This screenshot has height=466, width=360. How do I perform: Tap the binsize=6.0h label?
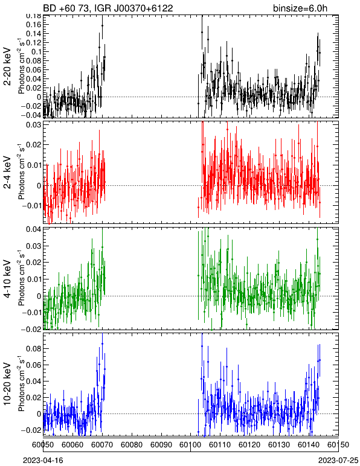pyautogui.click(x=300, y=8)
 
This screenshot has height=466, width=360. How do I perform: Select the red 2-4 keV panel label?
pyautogui.click(x=7, y=173)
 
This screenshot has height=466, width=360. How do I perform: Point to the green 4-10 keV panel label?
pyautogui.click(x=7, y=279)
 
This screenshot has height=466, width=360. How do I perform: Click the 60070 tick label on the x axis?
pyautogui.click(x=102, y=445)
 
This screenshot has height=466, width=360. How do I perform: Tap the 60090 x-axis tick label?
pyautogui.click(x=161, y=445)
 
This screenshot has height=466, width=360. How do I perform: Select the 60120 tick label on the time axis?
pyautogui.click(x=249, y=445)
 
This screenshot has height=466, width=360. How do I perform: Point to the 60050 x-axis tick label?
pyautogui.click(x=43, y=445)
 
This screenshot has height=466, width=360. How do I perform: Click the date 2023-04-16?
pyautogui.click(x=43, y=461)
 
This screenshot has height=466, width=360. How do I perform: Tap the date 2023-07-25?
pyautogui.click(x=338, y=461)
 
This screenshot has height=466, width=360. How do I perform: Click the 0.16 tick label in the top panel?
pyautogui.click(x=33, y=24)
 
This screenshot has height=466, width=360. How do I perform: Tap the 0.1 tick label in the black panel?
pyautogui.click(x=36, y=52)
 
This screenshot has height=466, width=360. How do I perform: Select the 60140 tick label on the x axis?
pyautogui.click(x=309, y=445)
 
